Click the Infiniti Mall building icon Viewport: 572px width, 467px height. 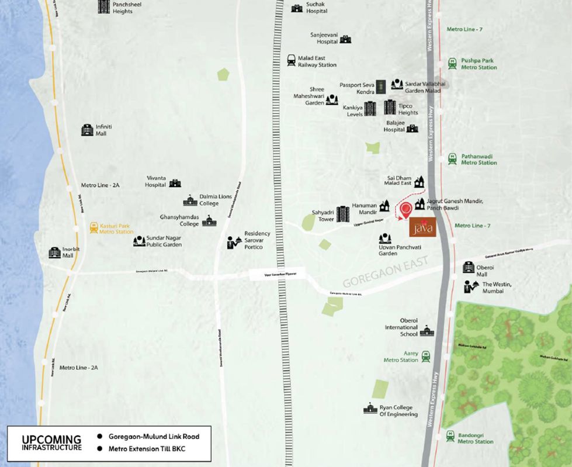(x=87, y=130)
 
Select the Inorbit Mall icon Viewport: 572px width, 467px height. (x=54, y=252)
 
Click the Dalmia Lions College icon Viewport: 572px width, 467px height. (x=190, y=200)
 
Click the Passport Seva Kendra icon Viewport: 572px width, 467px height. (x=380, y=87)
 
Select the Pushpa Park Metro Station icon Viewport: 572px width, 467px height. (x=452, y=64)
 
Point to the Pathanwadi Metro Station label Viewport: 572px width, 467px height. (x=479, y=160)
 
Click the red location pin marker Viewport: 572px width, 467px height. (x=403, y=209)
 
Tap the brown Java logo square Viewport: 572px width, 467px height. (x=422, y=226)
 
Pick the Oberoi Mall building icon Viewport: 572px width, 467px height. (x=469, y=267)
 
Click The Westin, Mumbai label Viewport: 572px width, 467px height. (x=497, y=288)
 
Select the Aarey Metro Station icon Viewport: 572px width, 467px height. (x=426, y=355)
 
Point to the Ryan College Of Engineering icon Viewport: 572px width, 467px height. (x=370, y=408)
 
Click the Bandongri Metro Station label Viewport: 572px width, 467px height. (x=475, y=438)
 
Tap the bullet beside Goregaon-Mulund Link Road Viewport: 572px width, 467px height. (x=99, y=436)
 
